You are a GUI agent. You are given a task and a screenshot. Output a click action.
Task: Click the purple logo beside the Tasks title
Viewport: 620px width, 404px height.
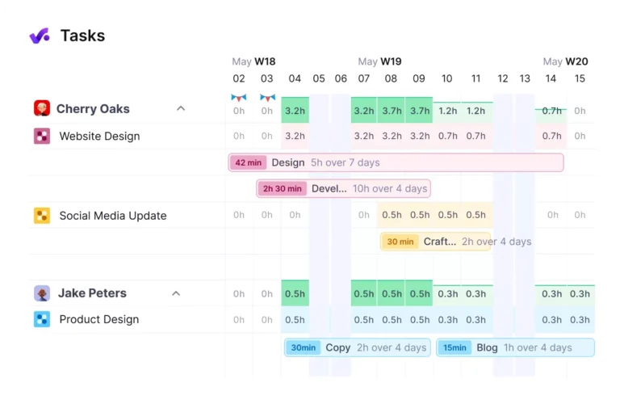[x=40, y=36]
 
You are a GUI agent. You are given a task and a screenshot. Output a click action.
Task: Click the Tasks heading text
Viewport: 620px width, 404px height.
[x=82, y=36]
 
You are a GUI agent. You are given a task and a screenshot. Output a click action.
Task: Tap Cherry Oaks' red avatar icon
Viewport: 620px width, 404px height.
[x=42, y=108]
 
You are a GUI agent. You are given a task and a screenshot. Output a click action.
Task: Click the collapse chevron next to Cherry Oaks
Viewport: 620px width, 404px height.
[x=181, y=108]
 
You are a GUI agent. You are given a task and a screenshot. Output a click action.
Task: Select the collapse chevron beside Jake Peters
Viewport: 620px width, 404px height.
[x=176, y=293]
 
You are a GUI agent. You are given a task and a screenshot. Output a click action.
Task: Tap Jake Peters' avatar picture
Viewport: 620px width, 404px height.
[x=42, y=293]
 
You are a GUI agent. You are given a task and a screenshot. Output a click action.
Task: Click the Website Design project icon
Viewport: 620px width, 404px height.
[x=42, y=136]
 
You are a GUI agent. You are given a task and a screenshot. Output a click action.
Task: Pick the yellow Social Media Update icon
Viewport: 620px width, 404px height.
[x=42, y=216]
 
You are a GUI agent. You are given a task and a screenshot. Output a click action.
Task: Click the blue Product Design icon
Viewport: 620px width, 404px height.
[x=42, y=319]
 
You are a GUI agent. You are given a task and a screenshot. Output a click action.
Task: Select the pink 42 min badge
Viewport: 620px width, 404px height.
[x=249, y=162]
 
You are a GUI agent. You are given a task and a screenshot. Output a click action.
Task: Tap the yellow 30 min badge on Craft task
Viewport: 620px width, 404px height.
[x=400, y=242]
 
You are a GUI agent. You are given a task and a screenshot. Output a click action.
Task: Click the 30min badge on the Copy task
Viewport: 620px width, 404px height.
[x=303, y=347]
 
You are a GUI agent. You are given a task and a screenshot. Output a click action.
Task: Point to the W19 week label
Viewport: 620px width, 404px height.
[x=391, y=61]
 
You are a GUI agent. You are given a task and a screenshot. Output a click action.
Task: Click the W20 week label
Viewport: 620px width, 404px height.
[x=576, y=61]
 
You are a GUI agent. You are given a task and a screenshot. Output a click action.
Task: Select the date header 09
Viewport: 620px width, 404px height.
[x=418, y=78]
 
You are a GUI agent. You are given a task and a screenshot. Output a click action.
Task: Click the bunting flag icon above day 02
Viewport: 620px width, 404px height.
[x=239, y=97]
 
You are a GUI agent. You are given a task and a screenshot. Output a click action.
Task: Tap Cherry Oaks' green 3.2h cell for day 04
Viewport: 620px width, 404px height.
[x=295, y=111]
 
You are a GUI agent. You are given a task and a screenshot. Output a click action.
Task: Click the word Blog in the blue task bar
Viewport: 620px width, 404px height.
[x=487, y=347]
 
